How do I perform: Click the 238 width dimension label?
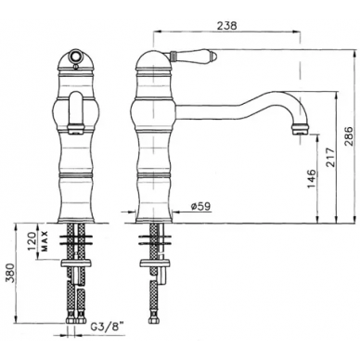pyautogui.click(x=226, y=26)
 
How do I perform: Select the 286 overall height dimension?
pyautogui.click(x=349, y=136)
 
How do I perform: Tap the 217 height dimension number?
pyautogui.click(x=330, y=158)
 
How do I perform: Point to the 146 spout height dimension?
pyautogui.click(x=312, y=178)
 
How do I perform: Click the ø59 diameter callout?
pyautogui.click(x=201, y=206)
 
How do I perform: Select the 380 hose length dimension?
pyautogui.click(x=9, y=274)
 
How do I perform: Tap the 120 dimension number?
pyautogui.click(x=32, y=240)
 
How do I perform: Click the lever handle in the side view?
pyautogui.click(x=194, y=56)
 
